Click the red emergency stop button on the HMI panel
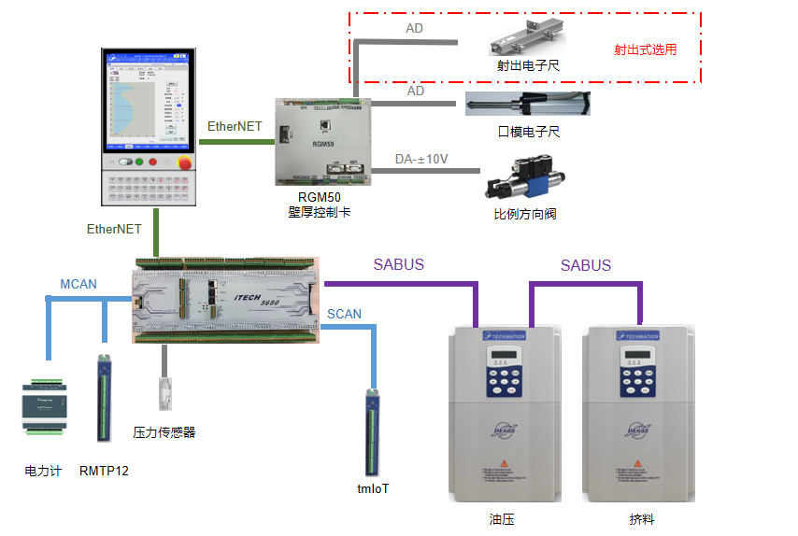pyautogui.click(x=183, y=162)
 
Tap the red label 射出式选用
pyautogui.click(x=644, y=50)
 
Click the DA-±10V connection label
pyautogui.click(x=421, y=160)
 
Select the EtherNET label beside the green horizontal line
pyautogui.click(x=234, y=126)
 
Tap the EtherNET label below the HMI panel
pyautogui.click(x=114, y=229)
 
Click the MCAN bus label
pyautogui.click(x=78, y=284)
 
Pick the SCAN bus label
pyautogui.click(x=344, y=315)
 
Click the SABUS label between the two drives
pyautogui.click(x=586, y=265)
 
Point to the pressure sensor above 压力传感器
pyautogui.click(x=165, y=392)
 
